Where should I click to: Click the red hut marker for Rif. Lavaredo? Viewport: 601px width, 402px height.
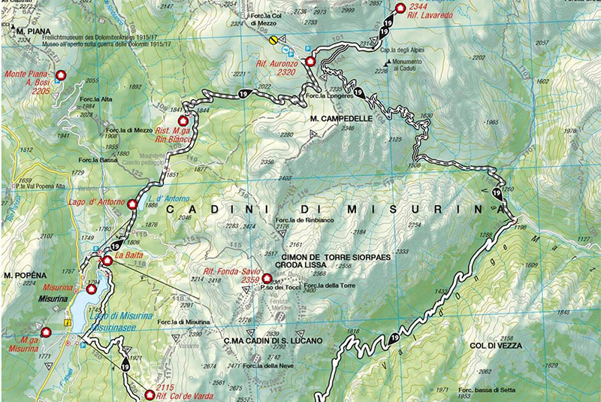click(399, 8)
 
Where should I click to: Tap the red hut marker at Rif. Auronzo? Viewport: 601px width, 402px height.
click(310, 61)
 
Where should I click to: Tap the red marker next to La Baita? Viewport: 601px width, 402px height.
click(107, 261)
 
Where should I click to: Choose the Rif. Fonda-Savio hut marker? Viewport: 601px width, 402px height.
click(266, 278)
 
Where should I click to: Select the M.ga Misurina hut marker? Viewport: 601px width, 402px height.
click(46, 331)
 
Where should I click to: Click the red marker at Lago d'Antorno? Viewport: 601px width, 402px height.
click(132, 204)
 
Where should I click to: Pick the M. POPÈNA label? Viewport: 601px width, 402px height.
click(20, 274)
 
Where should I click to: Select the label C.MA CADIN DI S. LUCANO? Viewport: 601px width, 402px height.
click(273, 340)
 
